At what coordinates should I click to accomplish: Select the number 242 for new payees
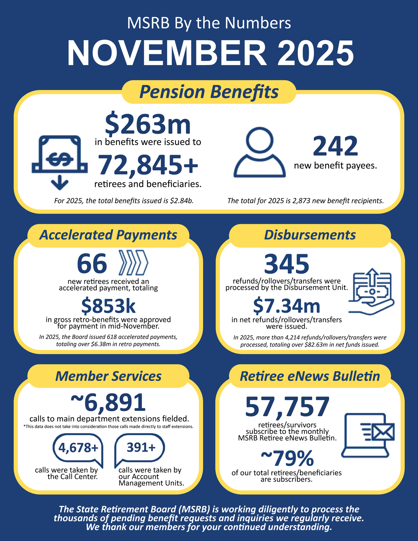point(335,146)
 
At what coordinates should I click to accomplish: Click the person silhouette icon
point(259,153)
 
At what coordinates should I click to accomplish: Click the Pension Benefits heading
point(209,92)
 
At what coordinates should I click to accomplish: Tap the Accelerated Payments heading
point(108,235)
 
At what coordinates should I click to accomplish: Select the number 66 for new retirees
point(92,264)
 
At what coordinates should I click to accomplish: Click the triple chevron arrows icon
point(134,262)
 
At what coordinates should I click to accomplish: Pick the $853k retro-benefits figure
point(108,306)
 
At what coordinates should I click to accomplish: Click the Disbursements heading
point(310,235)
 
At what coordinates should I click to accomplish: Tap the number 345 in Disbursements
point(287,264)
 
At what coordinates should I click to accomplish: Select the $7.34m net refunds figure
point(287,306)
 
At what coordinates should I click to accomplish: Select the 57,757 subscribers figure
point(287,407)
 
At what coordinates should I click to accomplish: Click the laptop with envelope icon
point(367,435)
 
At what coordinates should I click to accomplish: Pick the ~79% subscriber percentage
point(287,458)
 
